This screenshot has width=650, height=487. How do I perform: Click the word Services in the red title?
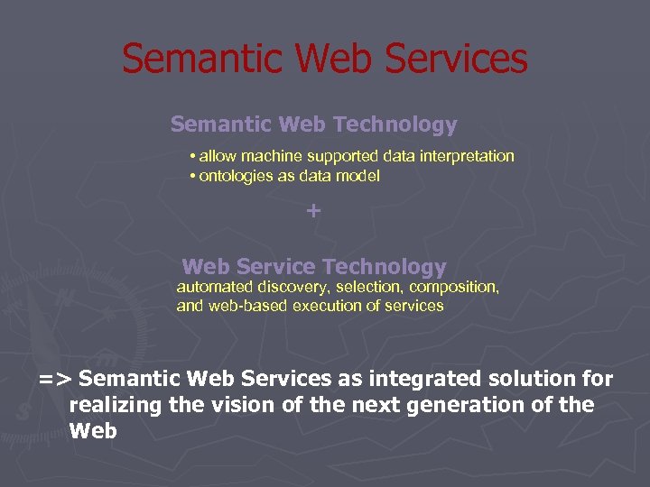[456, 59]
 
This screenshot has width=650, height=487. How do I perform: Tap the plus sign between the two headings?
[313, 211]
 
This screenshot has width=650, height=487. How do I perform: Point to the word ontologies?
[236, 176]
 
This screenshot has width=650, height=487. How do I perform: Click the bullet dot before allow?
[193, 156]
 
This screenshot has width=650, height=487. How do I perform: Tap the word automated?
[215, 287]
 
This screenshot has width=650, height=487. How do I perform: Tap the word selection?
[367, 287]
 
